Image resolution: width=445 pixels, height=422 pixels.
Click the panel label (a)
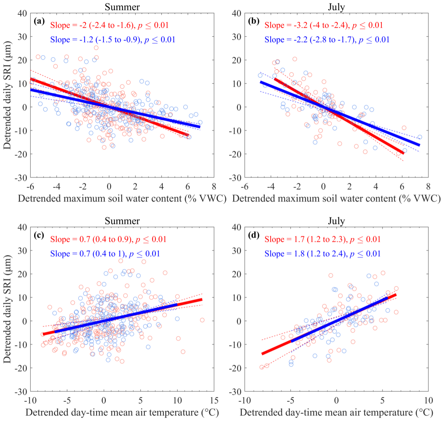coord(39,21)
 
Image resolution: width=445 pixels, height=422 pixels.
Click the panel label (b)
coord(254,21)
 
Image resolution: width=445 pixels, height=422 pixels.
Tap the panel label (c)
coord(39,235)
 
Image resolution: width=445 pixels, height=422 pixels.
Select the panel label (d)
coord(254,235)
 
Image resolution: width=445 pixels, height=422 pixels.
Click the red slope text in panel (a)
coord(109,25)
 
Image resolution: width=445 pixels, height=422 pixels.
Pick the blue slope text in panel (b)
coord(327,40)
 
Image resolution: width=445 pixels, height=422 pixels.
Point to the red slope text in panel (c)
coord(108,239)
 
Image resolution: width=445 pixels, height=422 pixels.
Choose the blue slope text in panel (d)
coord(322,254)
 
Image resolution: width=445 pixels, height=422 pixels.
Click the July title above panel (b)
coord(336,7)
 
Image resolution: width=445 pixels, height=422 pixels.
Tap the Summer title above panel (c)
coord(122,221)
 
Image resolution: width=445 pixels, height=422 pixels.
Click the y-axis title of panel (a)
coord(8,95)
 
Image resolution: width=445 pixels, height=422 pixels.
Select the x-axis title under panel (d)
coord(336,413)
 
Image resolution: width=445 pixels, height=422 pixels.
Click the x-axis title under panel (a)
coord(122,199)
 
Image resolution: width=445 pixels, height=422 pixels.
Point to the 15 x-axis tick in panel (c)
coord(214,400)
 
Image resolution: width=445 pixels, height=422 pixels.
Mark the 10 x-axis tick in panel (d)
coord(428,400)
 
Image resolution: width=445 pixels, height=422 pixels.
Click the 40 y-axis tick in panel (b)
coord(236,13)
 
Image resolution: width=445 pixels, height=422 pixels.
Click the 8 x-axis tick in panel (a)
coord(214,186)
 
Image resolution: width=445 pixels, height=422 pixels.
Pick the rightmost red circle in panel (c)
coord(202,320)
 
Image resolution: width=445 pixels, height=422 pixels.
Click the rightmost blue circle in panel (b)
coord(420,137)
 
